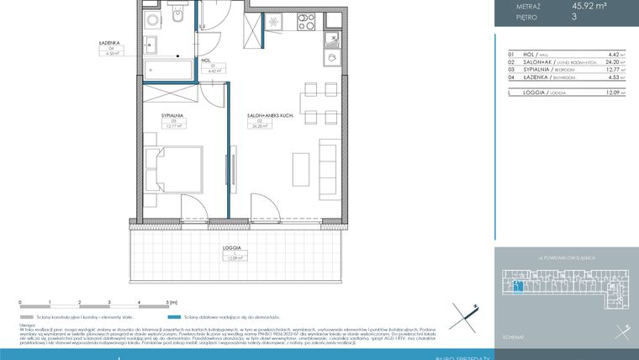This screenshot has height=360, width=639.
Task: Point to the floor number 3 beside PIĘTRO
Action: click(574, 17)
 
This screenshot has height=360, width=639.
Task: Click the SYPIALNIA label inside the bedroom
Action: click(173, 114)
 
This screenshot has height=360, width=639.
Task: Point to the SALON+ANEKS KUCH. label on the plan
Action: click(269, 114)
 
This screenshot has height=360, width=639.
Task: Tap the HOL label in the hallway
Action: click(205, 61)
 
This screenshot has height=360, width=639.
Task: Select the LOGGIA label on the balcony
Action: click(233, 248)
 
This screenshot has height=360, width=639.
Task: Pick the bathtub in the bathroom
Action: click(171, 70)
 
